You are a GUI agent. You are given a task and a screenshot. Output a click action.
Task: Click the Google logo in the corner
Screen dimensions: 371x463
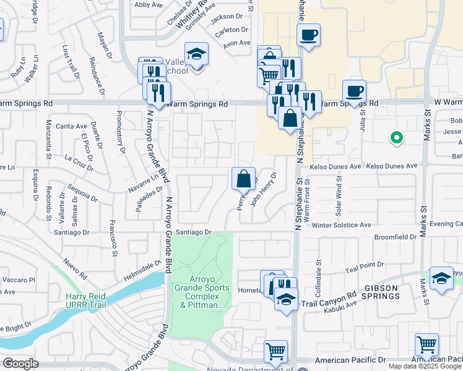pyautogui.click(x=20, y=364)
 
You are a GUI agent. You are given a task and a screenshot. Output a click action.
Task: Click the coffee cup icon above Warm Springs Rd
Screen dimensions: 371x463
pyautogui.click(x=354, y=92)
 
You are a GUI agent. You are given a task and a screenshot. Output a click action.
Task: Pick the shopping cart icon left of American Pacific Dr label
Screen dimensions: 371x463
pyautogui.click(x=275, y=351)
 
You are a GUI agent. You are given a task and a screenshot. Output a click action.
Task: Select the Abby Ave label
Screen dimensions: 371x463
pyautogui.click(x=148, y=4)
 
